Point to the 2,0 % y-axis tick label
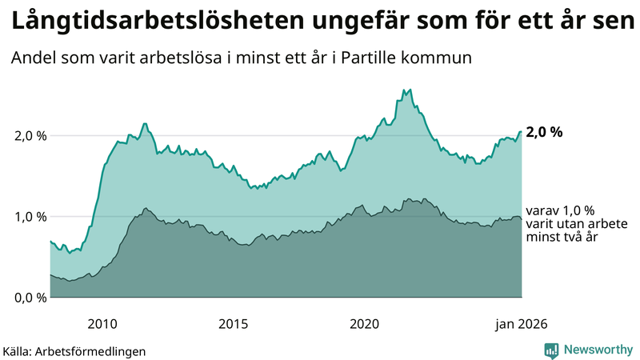tap(30, 136)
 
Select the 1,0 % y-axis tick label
tap(30, 217)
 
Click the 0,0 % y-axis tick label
tap(30, 298)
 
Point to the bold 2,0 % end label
tap(545, 133)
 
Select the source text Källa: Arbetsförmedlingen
tap(74, 350)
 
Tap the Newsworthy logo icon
tap(551, 350)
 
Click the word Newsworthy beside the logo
tap(598, 350)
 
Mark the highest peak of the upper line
tap(410, 90)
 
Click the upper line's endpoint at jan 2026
tap(522, 132)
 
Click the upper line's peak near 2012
tap(144, 124)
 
